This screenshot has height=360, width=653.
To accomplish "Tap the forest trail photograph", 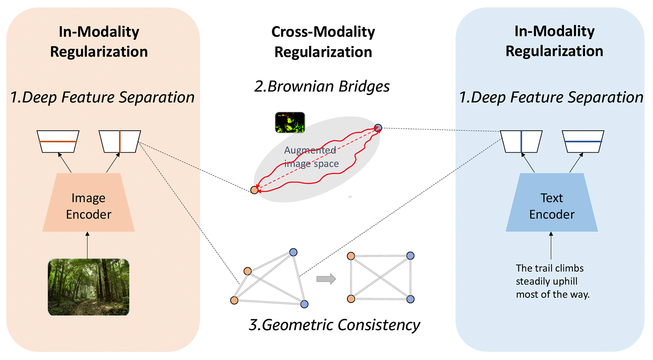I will (x=89, y=287).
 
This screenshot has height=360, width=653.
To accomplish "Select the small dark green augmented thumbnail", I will (x=290, y=123).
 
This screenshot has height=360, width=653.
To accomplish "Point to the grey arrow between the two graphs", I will (x=326, y=279).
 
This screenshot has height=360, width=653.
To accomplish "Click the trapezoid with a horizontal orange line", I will (x=58, y=141).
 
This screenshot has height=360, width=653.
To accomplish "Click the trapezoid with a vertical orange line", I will (x=120, y=141).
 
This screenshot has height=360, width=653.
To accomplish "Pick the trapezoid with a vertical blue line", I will (x=521, y=141).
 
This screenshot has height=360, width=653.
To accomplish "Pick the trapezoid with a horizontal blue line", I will (x=583, y=141).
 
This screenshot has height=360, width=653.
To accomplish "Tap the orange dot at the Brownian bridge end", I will (x=254, y=190).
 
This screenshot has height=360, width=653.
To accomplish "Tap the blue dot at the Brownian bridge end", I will (x=378, y=127).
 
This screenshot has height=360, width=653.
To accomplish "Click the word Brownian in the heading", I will (x=301, y=86).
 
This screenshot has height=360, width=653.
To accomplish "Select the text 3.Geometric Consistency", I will (x=334, y=325).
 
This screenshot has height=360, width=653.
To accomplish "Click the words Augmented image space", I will (x=311, y=157).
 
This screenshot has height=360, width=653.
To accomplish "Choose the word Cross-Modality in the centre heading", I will (x=323, y=32).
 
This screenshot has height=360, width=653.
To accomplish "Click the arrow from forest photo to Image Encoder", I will (x=87, y=245).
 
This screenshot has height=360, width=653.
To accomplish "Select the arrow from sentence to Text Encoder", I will (x=551, y=246).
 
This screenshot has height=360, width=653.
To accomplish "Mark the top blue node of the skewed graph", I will (x=293, y=252).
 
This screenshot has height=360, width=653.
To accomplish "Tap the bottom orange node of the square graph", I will (x=351, y=299).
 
